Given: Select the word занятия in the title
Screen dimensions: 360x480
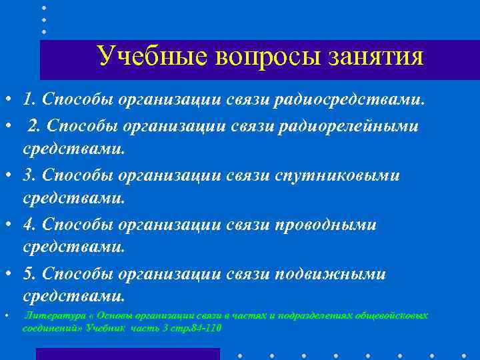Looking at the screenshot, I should [375, 56].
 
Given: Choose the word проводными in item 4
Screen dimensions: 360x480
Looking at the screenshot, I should [325, 225].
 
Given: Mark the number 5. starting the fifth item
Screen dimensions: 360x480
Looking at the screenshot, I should [29, 274].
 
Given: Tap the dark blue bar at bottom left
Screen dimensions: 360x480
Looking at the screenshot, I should [127, 354].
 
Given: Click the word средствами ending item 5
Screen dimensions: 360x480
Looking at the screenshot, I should [74, 295].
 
